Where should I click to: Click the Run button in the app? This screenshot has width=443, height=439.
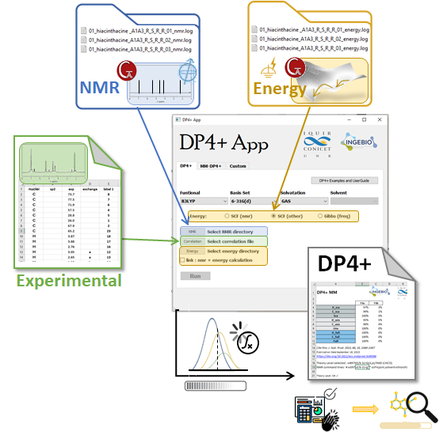pyautogui.click(x=195, y=275)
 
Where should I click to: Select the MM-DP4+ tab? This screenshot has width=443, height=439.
pyautogui.click(x=211, y=166)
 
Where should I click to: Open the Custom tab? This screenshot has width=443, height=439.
pyautogui.click(x=238, y=166)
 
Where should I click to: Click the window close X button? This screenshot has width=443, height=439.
pyautogui.click(x=376, y=119)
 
